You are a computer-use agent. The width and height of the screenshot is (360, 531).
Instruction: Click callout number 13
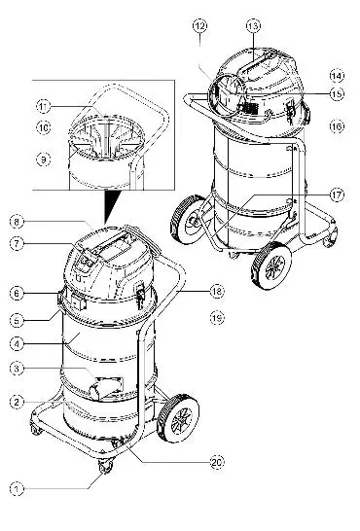pos(253,23)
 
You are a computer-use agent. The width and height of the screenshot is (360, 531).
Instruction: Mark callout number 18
pos(217,291)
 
